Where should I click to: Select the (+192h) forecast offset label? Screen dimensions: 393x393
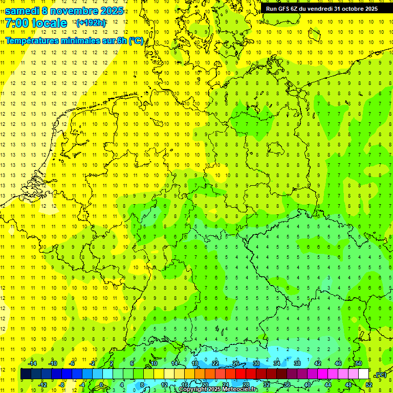click(x=91, y=23)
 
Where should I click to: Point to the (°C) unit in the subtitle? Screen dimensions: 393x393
click(x=136, y=41)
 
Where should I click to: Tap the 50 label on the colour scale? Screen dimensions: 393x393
click(x=358, y=363)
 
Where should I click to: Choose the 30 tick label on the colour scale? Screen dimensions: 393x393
click(x=256, y=363)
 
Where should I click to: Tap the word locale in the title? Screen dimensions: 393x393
click(x=49, y=24)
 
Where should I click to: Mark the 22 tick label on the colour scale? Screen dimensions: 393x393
click(x=215, y=363)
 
